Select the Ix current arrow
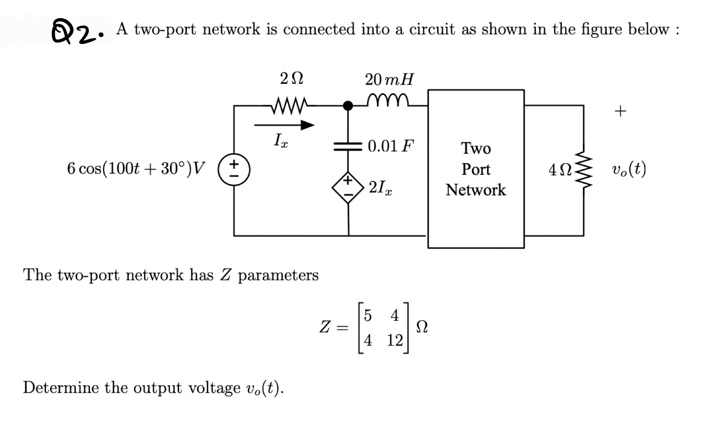click(284, 125)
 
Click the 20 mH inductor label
click(389, 80)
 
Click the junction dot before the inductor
click(346, 105)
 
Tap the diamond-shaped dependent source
click(348, 187)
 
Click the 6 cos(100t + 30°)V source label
click(136, 168)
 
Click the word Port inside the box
click(476, 169)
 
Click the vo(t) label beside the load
click(629, 169)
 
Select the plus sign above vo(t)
click(620, 111)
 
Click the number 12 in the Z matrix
click(395, 340)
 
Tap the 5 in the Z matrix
click(367, 316)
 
